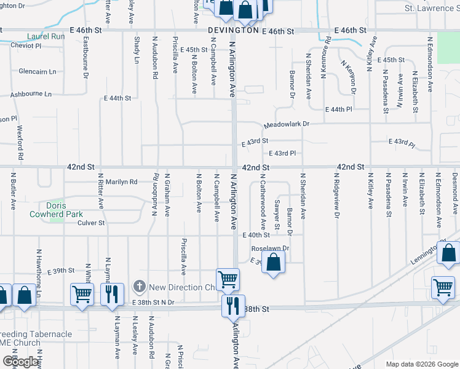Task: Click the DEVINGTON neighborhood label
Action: pos(233,30)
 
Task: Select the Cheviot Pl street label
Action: pos(29,46)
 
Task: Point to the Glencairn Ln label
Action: pos(37,71)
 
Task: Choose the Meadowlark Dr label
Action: pos(286,124)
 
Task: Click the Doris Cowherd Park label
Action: pos(56,210)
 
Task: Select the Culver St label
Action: pos(91,223)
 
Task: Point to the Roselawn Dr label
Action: pos(270,248)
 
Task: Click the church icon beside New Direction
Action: pos(140,287)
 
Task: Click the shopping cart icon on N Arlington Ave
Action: pos(228,279)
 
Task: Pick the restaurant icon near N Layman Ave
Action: pos(113,293)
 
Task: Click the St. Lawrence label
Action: pos(429,8)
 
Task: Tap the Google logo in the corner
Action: pos(20,362)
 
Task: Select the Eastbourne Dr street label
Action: pos(84,58)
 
